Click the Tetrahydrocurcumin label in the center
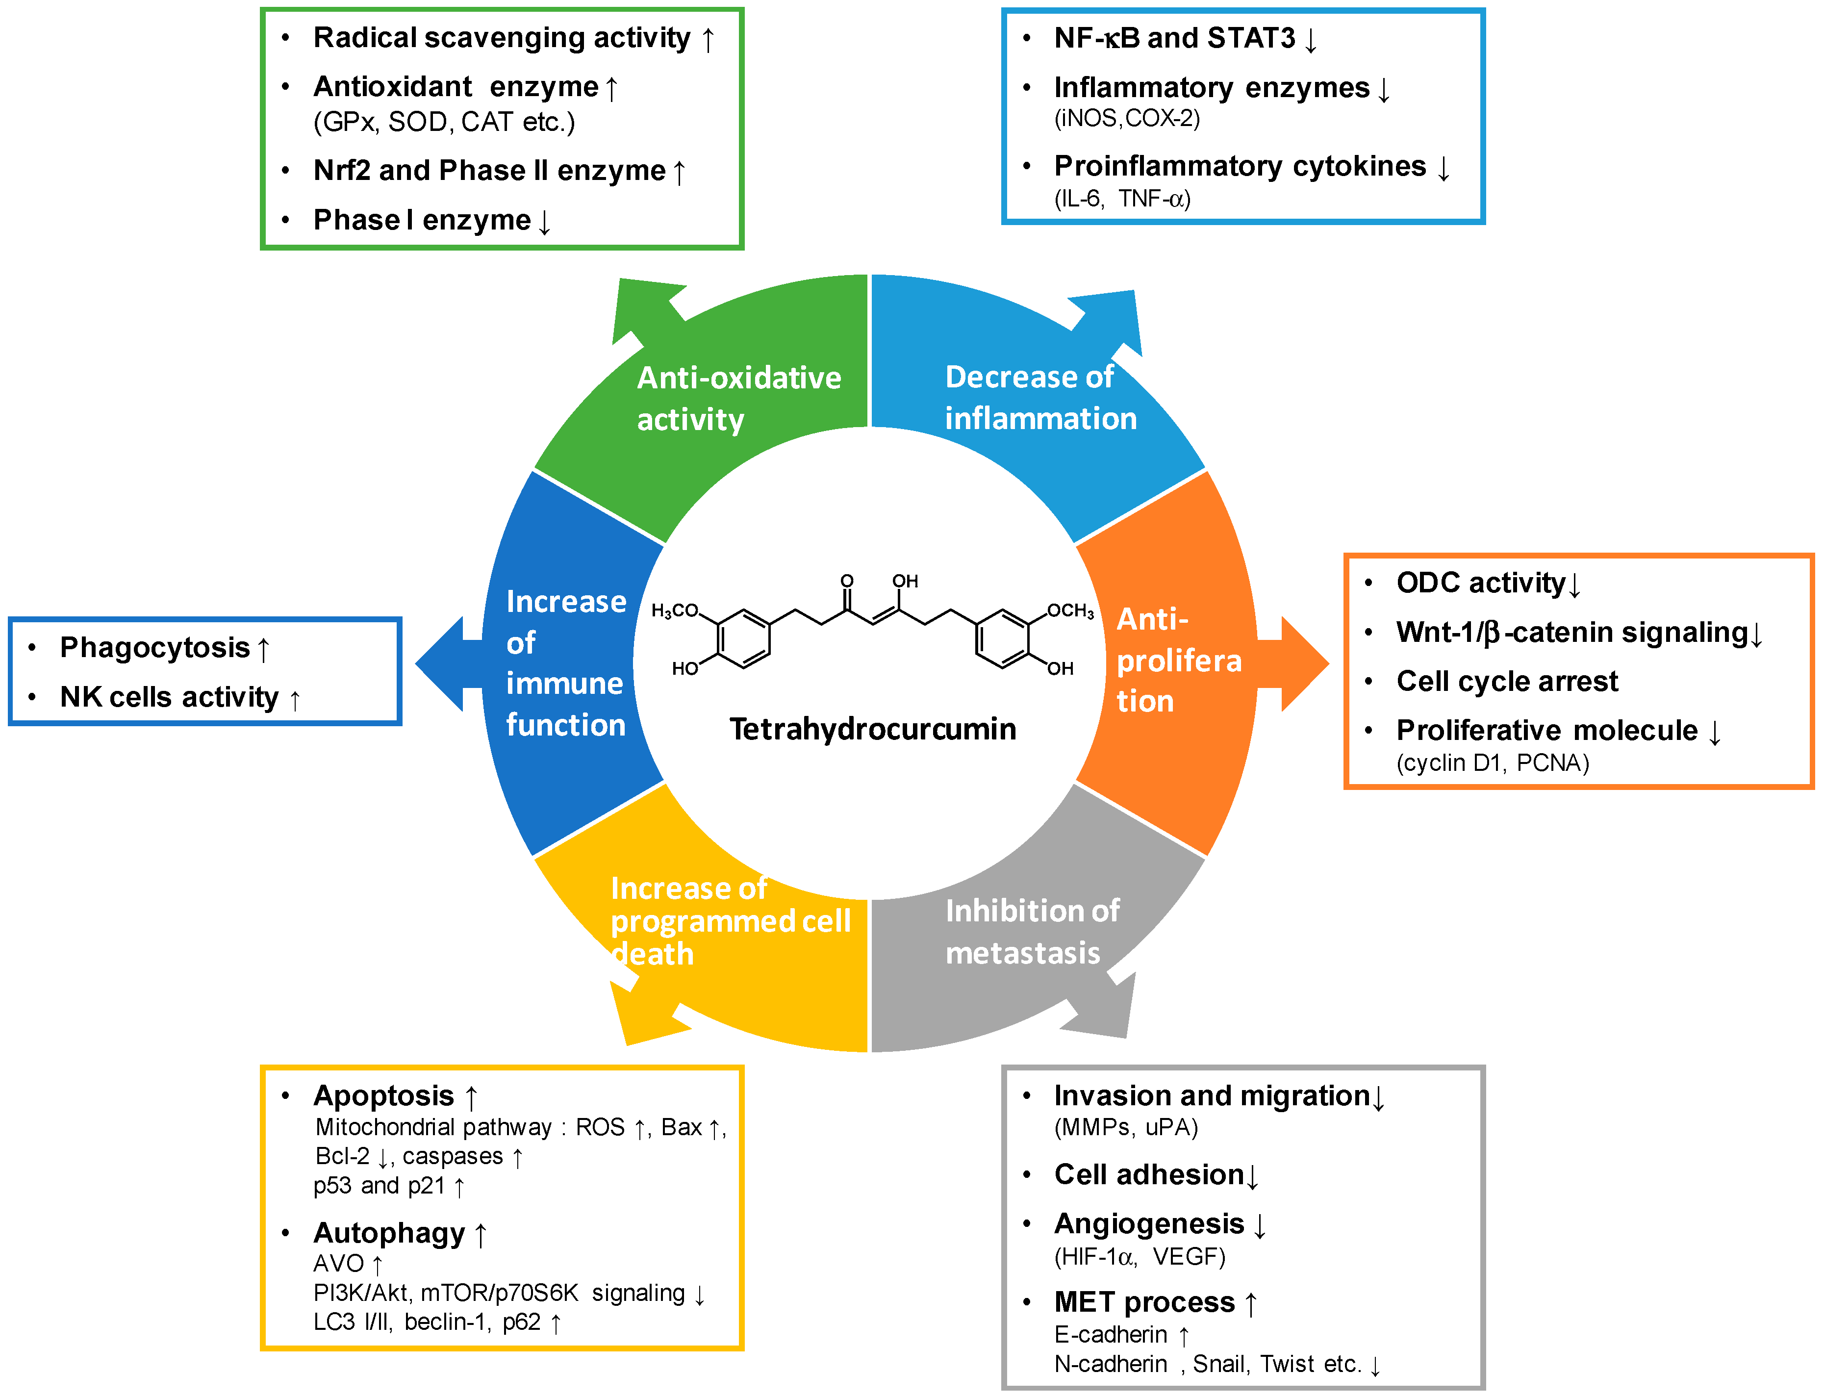[872, 729]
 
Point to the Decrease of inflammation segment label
[1039, 398]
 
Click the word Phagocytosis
[155, 647]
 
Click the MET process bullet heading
[1144, 1301]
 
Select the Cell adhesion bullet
[1148, 1174]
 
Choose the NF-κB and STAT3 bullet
[1174, 38]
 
